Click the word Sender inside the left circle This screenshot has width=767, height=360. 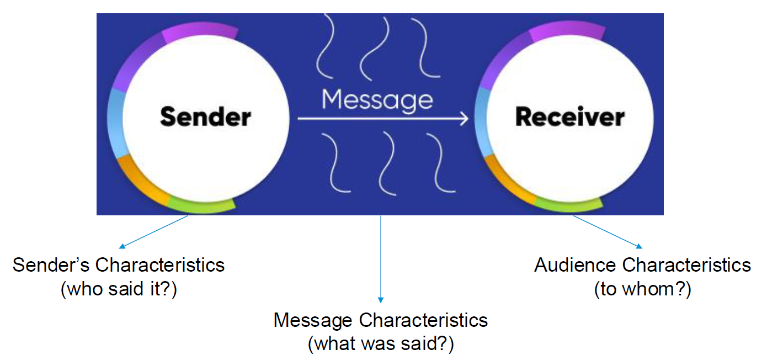click(205, 117)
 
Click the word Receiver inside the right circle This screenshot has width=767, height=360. click(569, 117)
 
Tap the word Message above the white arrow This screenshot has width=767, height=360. click(377, 99)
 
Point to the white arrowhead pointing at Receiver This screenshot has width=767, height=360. click(462, 118)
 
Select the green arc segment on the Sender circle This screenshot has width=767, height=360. click(201, 205)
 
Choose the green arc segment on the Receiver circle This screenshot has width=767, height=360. click(568, 205)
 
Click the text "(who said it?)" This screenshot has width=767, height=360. click(119, 289)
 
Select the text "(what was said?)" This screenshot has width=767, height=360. click(381, 344)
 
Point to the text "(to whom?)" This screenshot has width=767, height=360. click(642, 289)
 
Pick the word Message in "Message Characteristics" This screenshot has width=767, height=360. click(313, 320)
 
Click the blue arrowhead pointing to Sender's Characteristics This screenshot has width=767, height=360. click(122, 247)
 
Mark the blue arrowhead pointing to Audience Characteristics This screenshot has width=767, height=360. click(640, 247)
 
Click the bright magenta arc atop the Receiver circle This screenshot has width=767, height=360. click(552, 34)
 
